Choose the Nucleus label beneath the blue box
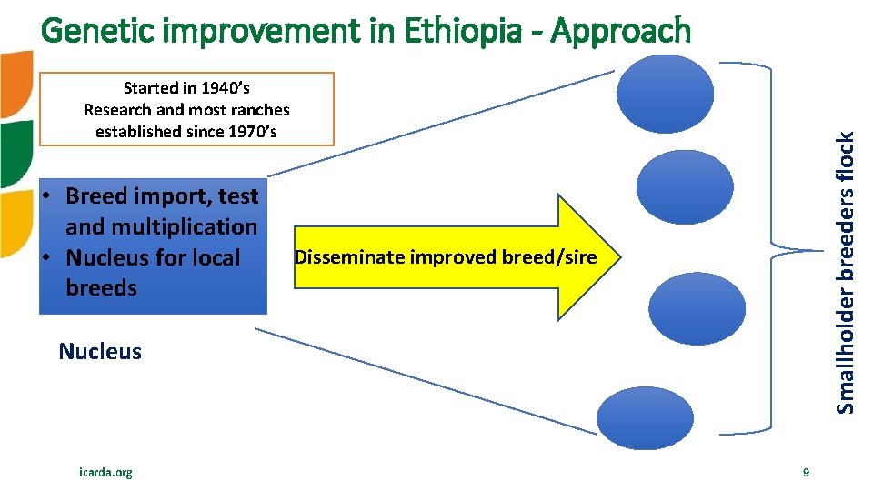[100, 352]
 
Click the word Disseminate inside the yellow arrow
[350, 257]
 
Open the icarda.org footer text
[105, 472]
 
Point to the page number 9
[806, 472]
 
